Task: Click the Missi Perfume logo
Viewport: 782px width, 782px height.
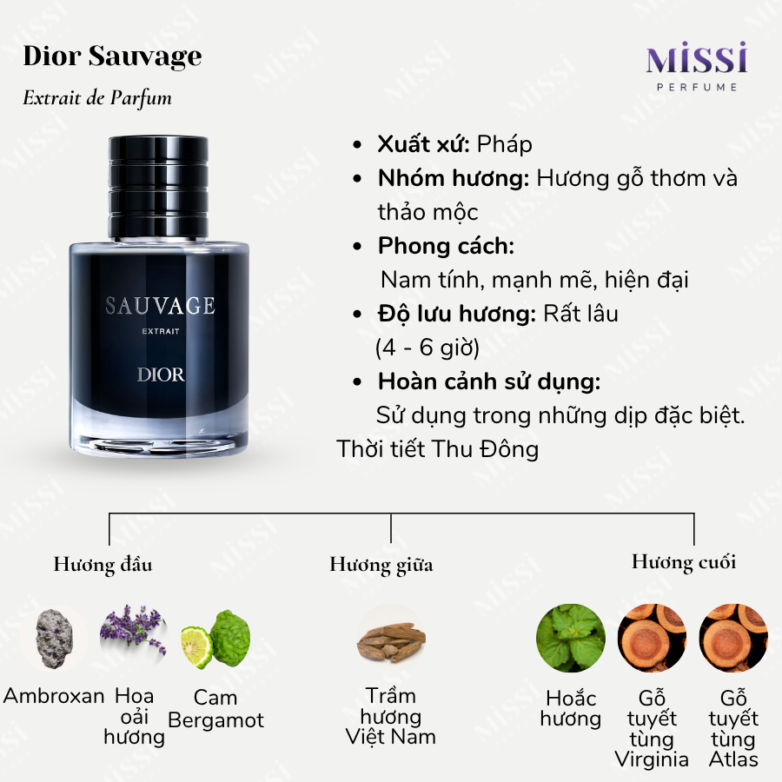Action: point(697,67)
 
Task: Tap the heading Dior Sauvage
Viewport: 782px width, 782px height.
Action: point(112,56)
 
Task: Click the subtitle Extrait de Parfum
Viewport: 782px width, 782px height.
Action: point(97,97)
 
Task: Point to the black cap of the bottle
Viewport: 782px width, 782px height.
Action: point(159,187)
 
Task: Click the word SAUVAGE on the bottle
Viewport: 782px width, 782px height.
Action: point(160,306)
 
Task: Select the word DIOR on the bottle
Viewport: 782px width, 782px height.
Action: point(161,374)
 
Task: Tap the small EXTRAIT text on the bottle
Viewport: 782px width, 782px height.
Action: point(161,331)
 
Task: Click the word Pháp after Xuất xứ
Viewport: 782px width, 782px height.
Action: point(504,144)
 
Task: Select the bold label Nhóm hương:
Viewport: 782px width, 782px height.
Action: point(454,178)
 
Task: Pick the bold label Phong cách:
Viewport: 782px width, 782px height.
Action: point(446,246)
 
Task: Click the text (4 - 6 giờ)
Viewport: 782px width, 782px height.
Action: point(427,348)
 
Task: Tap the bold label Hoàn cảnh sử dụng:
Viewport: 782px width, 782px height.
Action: point(489,381)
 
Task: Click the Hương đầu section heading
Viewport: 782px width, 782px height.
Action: point(103,565)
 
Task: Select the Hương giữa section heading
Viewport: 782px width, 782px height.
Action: point(381,565)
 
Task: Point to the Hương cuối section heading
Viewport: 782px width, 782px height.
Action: point(684,562)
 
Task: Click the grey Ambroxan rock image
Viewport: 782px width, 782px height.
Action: point(55,639)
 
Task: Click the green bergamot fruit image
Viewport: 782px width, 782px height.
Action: point(215,639)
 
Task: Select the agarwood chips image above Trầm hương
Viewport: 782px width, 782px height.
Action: point(392,643)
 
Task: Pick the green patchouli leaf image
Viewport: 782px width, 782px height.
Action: point(571,638)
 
